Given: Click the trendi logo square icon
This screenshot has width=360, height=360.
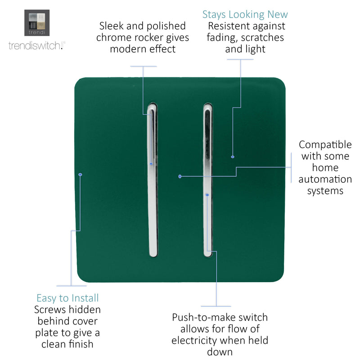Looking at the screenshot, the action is [37, 23].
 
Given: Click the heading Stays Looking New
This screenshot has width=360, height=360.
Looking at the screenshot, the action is [245, 15].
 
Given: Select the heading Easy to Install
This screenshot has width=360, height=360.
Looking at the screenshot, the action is [67, 298].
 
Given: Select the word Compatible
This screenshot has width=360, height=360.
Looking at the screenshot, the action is [325, 145].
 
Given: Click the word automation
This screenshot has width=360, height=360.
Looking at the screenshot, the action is [325, 179].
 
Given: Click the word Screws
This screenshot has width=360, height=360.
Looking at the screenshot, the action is [48, 310].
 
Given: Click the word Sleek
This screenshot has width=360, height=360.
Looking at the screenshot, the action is [111, 26].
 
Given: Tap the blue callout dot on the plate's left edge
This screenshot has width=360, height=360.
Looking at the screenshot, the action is [80, 175].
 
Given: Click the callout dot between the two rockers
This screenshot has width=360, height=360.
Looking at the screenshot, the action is [180, 176].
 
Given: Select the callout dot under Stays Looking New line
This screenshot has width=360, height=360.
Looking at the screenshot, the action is [233, 157].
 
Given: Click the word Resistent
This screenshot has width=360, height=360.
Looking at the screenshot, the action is [226, 26].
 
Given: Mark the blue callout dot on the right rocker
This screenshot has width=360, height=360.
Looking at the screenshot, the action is [207, 195].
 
